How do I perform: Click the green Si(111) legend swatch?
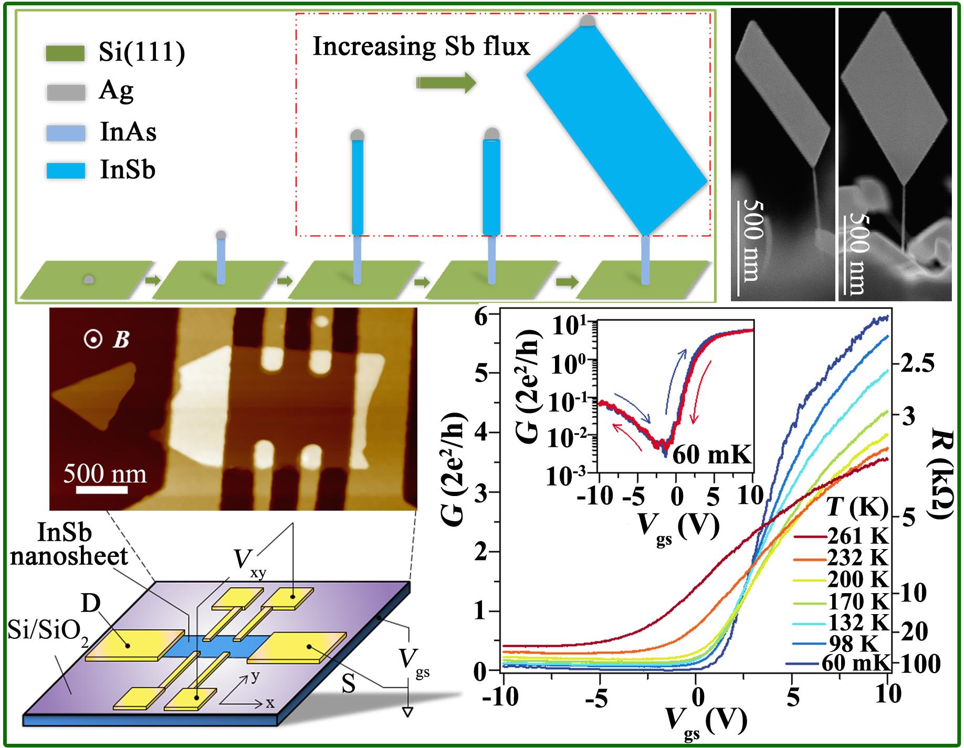pos(65,54)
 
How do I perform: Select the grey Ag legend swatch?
pos(65,92)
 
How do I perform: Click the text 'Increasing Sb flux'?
pos(421,47)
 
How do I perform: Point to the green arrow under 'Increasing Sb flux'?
pos(446,83)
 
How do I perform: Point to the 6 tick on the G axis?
pos(481,315)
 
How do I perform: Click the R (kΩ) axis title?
pos(943,472)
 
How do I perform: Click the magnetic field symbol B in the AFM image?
pos(121,340)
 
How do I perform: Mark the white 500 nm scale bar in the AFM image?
pos(102,490)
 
